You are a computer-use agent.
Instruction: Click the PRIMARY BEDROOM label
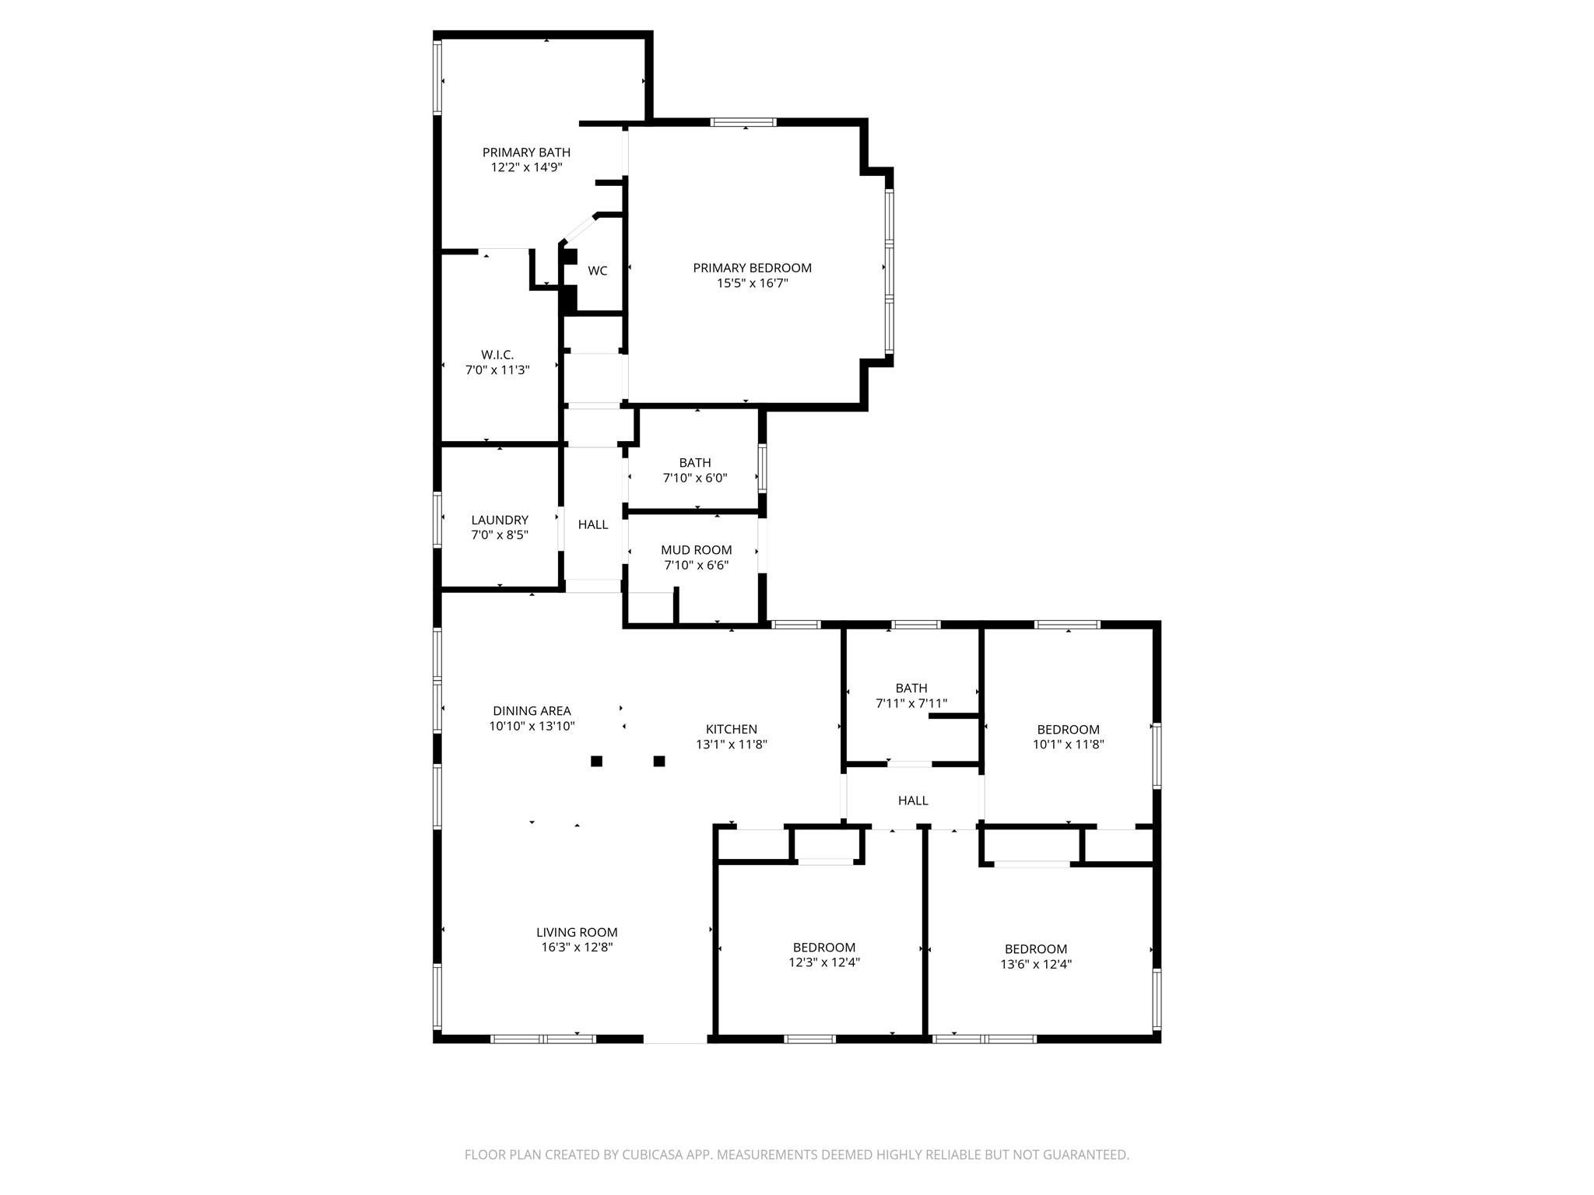[x=752, y=268]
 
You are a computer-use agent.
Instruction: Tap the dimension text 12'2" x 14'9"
[x=526, y=167]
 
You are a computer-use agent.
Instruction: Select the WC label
[x=597, y=271]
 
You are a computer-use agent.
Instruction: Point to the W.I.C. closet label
[x=497, y=355]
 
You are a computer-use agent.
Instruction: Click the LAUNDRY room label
[x=500, y=520]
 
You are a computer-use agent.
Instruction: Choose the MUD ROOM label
[x=696, y=550]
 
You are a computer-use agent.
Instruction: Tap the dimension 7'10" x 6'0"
[x=695, y=478]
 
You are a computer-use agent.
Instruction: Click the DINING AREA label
[x=532, y=710]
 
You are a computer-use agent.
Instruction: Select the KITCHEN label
[x=731, y=729]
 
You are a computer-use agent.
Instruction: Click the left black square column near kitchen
[x=596, y=761]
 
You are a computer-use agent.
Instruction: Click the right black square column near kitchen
[x=659, y=761]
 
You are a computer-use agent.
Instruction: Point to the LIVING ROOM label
[x=577, y=932]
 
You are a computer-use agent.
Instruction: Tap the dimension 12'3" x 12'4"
[x=823, y=962]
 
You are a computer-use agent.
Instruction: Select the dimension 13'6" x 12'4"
[x=1036, y=964]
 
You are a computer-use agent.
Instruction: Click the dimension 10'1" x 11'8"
[x=1068, y=744]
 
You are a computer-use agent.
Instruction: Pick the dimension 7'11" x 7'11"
[x=911, y=703]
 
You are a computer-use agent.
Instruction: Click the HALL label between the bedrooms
[x=913, y=801]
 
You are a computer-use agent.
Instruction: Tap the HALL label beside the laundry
[x=593, y=524]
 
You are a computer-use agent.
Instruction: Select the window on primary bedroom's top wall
[x=743, y=122]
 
